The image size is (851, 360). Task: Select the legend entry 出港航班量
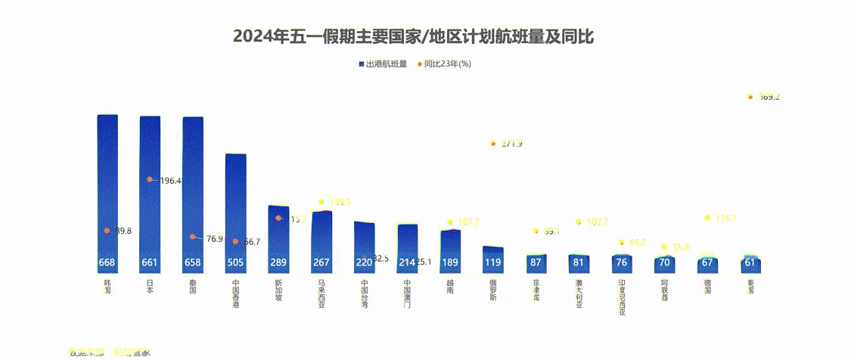(386, 64)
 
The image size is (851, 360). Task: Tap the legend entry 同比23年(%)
(447, 64)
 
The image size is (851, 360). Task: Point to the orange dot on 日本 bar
(150, 179)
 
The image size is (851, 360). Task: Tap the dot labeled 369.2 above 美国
(750, 97)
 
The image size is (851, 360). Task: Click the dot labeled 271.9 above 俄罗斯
(492, 143)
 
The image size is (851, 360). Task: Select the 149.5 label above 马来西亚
(339, 202)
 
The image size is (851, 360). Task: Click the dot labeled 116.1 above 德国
(707, 218)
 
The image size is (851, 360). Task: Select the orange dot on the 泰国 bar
(193, 237)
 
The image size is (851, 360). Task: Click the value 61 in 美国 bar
(750, 263)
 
